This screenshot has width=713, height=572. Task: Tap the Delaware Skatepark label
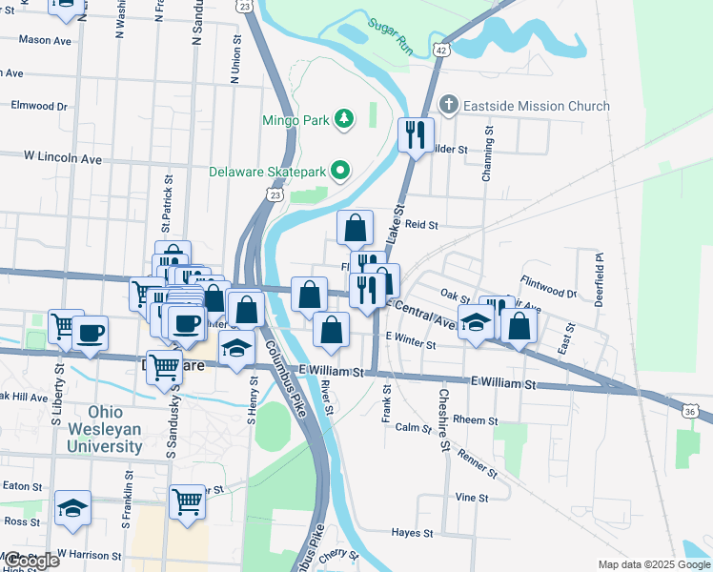coord(268,173)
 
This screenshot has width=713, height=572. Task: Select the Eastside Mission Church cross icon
coord(449,105)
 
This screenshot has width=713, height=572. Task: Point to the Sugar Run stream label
coord(391,36)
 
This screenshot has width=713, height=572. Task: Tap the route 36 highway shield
coord(693,410)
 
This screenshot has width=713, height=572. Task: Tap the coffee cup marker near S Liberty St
coord(91,334)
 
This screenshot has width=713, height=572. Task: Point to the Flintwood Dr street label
coord(549,287)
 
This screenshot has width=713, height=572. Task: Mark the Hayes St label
coord(413,533)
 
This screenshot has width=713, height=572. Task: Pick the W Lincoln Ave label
coord(63,156)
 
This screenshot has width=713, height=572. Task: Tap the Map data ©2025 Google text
coord(653,564)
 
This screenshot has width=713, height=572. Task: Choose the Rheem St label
coord(476,419)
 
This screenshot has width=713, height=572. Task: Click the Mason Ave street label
coord(45,40)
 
